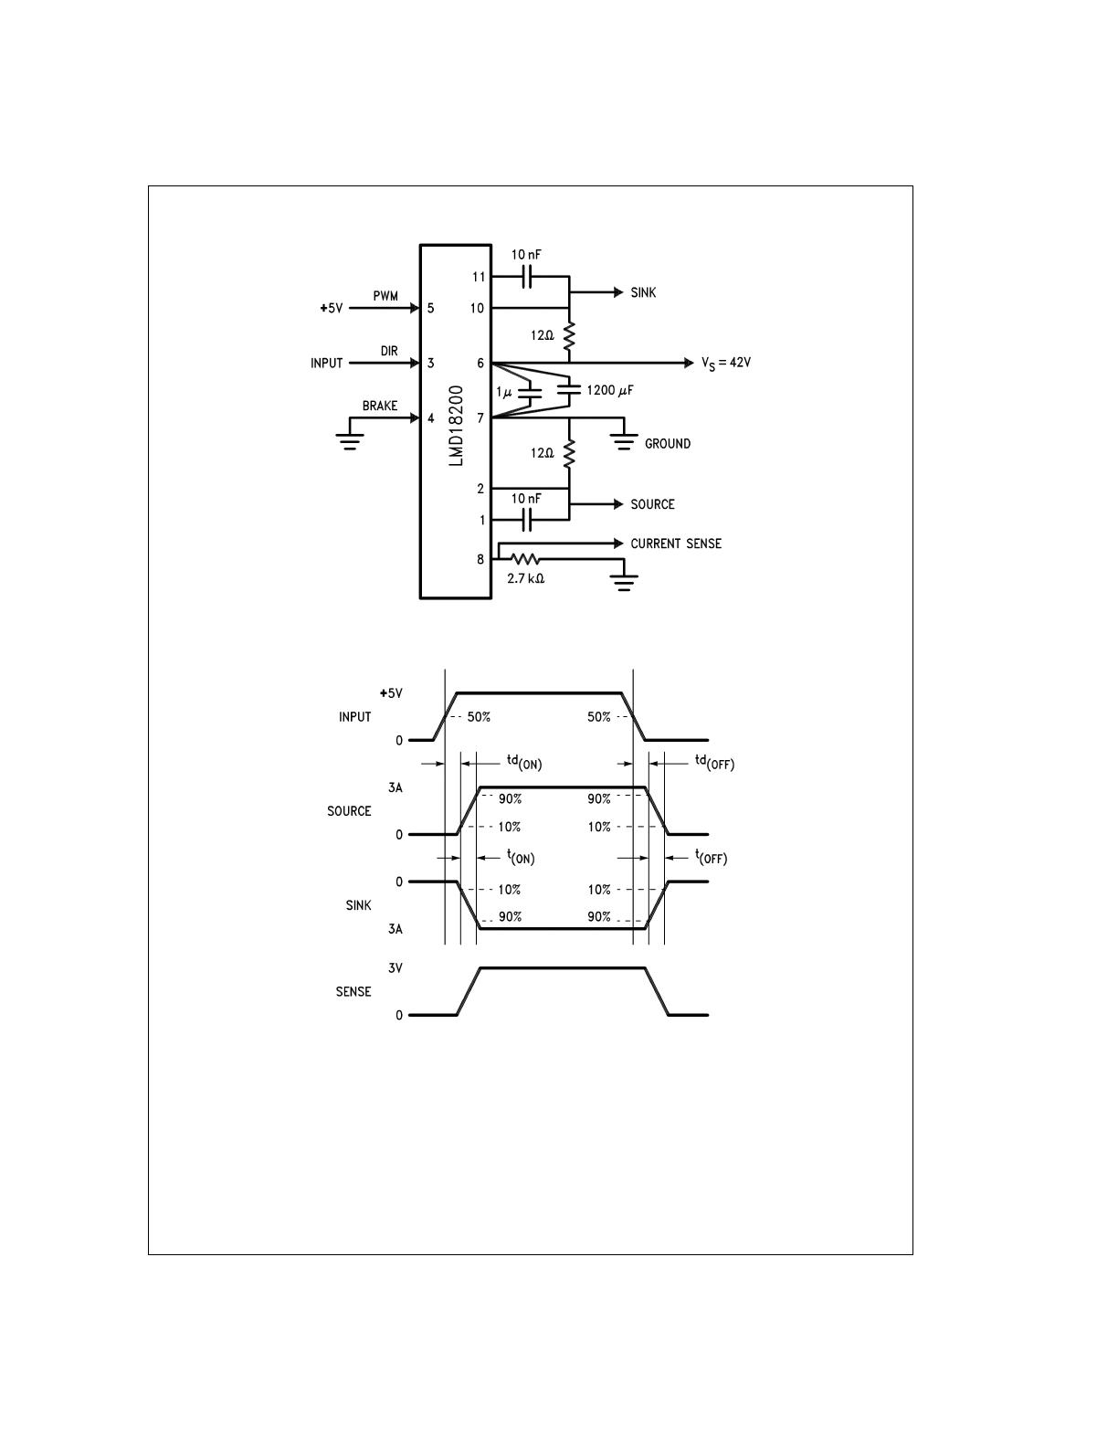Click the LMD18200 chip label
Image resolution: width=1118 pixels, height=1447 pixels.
coord(457,427)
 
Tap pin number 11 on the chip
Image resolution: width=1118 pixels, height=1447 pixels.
coord(479,277)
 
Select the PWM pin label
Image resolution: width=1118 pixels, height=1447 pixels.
coord(385,297)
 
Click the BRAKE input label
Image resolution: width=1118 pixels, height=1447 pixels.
coord(380,406)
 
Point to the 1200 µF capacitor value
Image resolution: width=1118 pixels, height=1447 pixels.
coord(610,391)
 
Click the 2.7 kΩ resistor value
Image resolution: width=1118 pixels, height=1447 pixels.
coord(525,578)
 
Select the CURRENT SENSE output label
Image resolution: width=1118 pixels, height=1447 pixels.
coord(676,544)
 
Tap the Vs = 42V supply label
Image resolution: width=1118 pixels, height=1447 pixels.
coord(726,363)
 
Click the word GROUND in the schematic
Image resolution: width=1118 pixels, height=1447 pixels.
coord(668,444)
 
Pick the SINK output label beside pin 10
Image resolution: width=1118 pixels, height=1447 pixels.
coord(643,293)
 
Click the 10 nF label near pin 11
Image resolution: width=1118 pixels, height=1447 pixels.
coord(525,255)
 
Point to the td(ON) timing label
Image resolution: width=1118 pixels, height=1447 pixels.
coord(524,761)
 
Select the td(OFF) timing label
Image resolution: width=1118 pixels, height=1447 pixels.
coord(714,761)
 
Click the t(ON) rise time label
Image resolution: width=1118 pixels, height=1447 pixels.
coord(521,857)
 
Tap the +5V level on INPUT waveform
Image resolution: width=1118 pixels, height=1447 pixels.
coord(391,693)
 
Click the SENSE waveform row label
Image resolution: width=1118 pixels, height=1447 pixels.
coord(353,991)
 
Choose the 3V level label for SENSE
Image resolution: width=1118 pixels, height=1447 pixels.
coord(395,967)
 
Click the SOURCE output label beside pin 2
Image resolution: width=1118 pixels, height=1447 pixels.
coord(652,504)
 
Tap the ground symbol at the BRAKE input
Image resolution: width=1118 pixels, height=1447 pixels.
coord(348,441)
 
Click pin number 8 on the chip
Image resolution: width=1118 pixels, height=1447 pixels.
coord(480,559)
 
